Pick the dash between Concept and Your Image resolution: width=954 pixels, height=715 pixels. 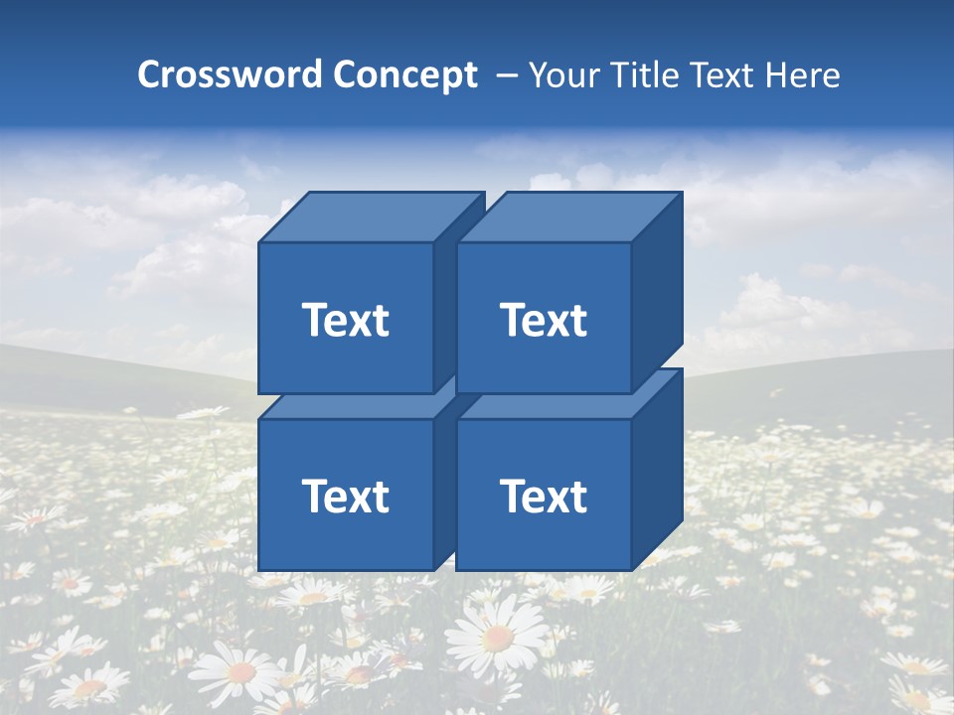[505, 76]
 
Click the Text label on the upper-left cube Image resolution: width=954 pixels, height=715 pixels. [345, 320]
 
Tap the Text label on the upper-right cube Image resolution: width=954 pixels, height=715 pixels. [543, 320]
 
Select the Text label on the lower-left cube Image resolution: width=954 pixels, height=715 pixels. [345, 496]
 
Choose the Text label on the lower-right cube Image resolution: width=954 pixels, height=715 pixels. [543, 496]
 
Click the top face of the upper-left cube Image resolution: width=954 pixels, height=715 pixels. [372, 216]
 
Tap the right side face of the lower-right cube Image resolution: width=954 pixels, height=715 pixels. [657, 472]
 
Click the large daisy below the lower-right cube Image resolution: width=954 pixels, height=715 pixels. [498, 636]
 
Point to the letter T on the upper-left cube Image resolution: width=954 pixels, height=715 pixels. [314, 320]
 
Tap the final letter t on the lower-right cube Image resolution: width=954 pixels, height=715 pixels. [579, 497]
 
